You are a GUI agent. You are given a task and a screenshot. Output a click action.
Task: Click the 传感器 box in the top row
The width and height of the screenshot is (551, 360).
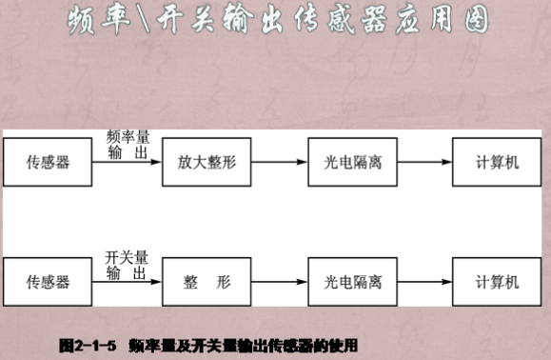tap(49, 162)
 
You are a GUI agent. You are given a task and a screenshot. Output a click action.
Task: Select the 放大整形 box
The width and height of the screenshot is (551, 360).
tap(206, 162)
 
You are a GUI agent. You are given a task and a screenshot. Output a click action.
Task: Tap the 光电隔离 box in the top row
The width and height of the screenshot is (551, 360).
tap(352, 162)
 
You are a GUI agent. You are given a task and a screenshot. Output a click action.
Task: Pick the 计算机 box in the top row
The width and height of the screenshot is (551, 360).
tap(498, 162)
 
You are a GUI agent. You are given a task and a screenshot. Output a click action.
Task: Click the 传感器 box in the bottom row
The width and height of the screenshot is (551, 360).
tap(49, 282)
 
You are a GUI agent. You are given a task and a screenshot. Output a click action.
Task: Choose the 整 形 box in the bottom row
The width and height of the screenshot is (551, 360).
tap(206, 282)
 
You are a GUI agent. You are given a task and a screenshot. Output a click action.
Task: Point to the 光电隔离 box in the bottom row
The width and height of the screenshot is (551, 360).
tap(352, 282)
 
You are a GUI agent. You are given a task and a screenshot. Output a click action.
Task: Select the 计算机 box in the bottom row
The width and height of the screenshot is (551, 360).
tap(498, 282)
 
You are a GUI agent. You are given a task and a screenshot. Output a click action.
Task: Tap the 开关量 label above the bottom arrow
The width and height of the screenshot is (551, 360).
tap(127, 258)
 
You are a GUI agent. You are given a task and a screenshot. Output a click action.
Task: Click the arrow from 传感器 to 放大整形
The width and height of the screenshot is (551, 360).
tap(127, 162)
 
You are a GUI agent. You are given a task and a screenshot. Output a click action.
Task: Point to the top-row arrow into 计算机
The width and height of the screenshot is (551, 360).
tap(425, 162)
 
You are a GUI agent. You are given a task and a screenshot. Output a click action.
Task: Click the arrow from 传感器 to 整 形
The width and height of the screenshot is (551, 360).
tap(127, 282)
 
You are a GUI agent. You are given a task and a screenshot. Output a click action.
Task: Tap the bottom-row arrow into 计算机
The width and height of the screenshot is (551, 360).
tap(425, 282)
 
